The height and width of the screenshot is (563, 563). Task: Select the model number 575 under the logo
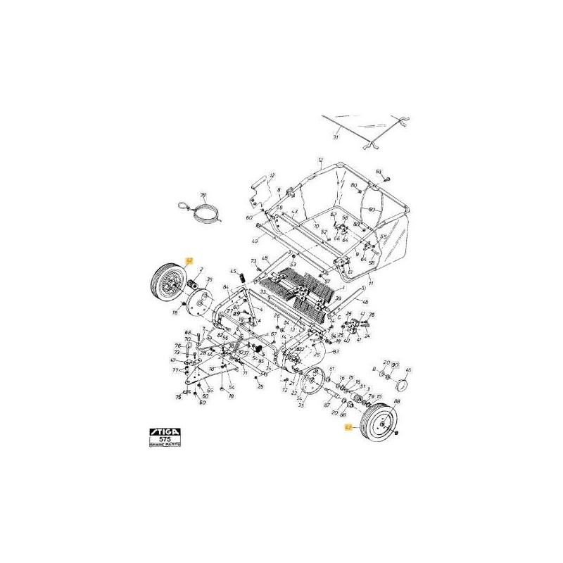click(166, 437)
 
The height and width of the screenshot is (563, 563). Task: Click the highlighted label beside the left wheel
click(188, 260)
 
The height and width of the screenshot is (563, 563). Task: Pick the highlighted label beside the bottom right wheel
click(347, 426)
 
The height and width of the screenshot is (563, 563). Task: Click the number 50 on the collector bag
click(372, 210)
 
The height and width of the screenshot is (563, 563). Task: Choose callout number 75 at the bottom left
click(177, 398)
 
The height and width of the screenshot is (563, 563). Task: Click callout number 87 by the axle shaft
click(327, 405)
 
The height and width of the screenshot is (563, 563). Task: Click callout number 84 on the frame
click(226, 288)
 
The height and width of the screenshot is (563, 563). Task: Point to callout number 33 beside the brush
click(262, 291)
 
